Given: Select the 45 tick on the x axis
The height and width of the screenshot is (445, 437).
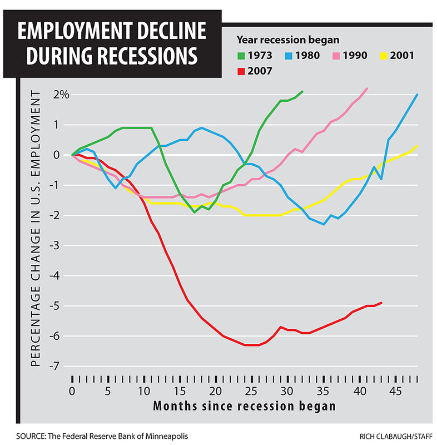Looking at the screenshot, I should (394, 391).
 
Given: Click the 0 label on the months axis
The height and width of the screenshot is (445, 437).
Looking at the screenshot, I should (72, 391).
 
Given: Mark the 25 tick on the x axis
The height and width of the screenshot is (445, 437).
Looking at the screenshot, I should (251, 391).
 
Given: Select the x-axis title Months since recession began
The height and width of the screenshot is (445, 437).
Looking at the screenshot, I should (244, 406).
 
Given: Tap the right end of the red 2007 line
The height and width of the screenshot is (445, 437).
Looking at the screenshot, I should (381, 303).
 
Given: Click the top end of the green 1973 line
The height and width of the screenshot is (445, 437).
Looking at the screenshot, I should (302, 91).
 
